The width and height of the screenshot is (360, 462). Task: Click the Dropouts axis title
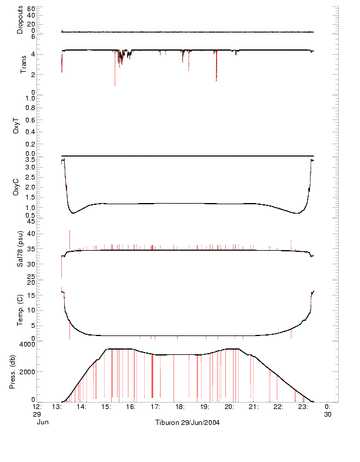coord(20,19)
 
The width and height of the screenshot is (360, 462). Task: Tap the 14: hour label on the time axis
coord(82,407)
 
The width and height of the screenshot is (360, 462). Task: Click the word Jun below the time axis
coord(42,422)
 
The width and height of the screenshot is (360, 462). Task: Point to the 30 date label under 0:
coord(328,414)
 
